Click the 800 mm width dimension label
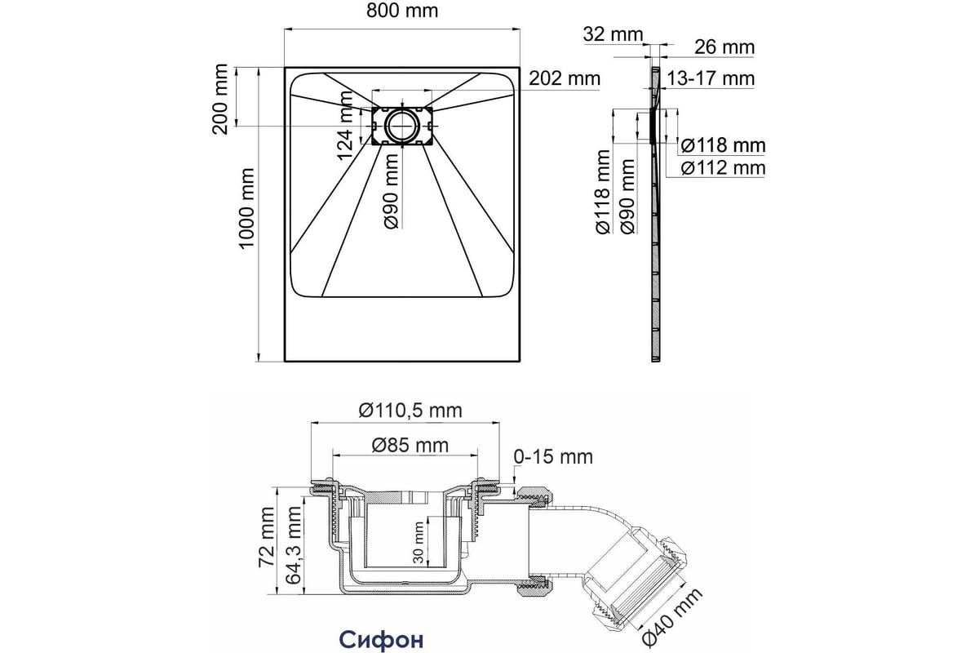click(402, 11)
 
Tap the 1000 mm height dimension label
click(246, 208)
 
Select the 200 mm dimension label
click(219, 99)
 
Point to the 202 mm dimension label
click(565, 78)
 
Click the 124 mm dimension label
click(345, 126)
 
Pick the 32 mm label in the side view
click(614, 34)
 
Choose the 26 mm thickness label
click(724, 47)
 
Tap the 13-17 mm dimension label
click(711, 78)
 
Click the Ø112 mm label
click(724, 168)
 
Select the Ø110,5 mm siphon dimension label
click(410, 411)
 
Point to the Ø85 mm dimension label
click(410, 445)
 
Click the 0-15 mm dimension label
click(553, 456)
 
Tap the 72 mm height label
click(267, 537)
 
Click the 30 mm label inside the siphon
click(419, 542)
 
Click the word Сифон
click(382, 639)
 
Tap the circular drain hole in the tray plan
click(402, 127)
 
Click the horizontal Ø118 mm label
click(724, 145)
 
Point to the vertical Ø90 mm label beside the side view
click(627, 197)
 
